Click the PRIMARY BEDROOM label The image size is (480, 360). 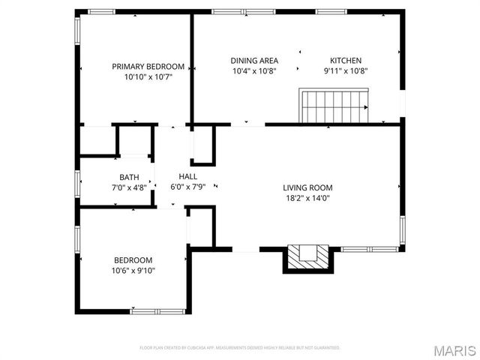pyautogui.click(x=148, y=66)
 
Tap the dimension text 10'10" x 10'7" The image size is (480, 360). pyautogui.click(x=148, y=76)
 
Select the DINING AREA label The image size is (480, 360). pyautogui.click(x=254, y=61)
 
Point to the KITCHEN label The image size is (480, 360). pyautogui.click(x=346, y=61)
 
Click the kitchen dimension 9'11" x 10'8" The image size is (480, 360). pyautogui.click(x=346, y=71)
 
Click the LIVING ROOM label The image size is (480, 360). pyautogui.click(x=307, y=187)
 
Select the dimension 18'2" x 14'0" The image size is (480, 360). pyautogui.click(x=307, y=198)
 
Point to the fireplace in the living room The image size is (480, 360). pyautogui.click(x=306, y=256)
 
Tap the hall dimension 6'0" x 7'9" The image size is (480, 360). pyautogui.click(x=187, y=186)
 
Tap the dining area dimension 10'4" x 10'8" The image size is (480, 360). pyautogui.click(x=254, y=71)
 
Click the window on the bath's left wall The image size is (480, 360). pyautogui.click(x=77, y=183)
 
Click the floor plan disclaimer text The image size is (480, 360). pyautogui.click(x=240, y=348)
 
